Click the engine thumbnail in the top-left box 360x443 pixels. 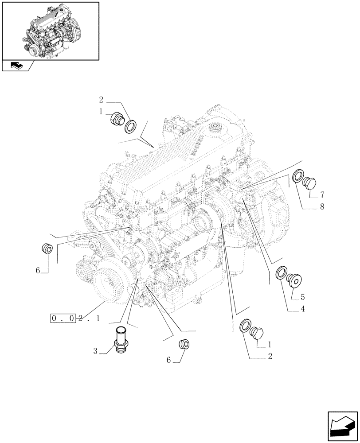click(50, 30)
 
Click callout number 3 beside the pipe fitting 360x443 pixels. click(95, 352)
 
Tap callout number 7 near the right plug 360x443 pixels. click(322, 194)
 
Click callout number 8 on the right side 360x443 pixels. click(322, 206)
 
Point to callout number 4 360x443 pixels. click(302, 309)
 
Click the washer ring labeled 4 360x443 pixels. click(281, 273)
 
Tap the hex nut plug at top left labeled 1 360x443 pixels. click(117, 119)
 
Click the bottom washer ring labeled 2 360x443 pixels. click(245, 326)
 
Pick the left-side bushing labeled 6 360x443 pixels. click(47, 249)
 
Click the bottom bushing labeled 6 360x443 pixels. click(183, 344)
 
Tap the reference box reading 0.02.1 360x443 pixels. click(75, 318)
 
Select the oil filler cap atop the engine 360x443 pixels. click(217, 128)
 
